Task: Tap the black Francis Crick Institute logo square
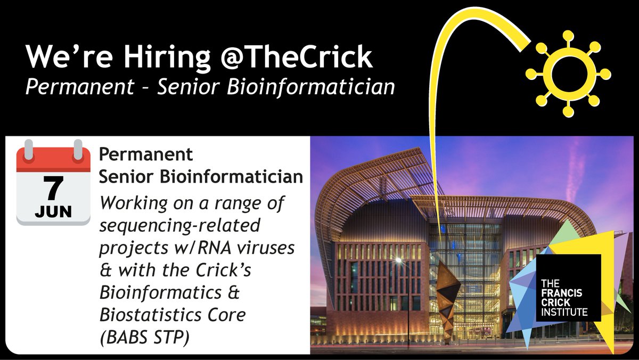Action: point(568,288)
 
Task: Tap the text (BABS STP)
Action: point(145,338)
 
